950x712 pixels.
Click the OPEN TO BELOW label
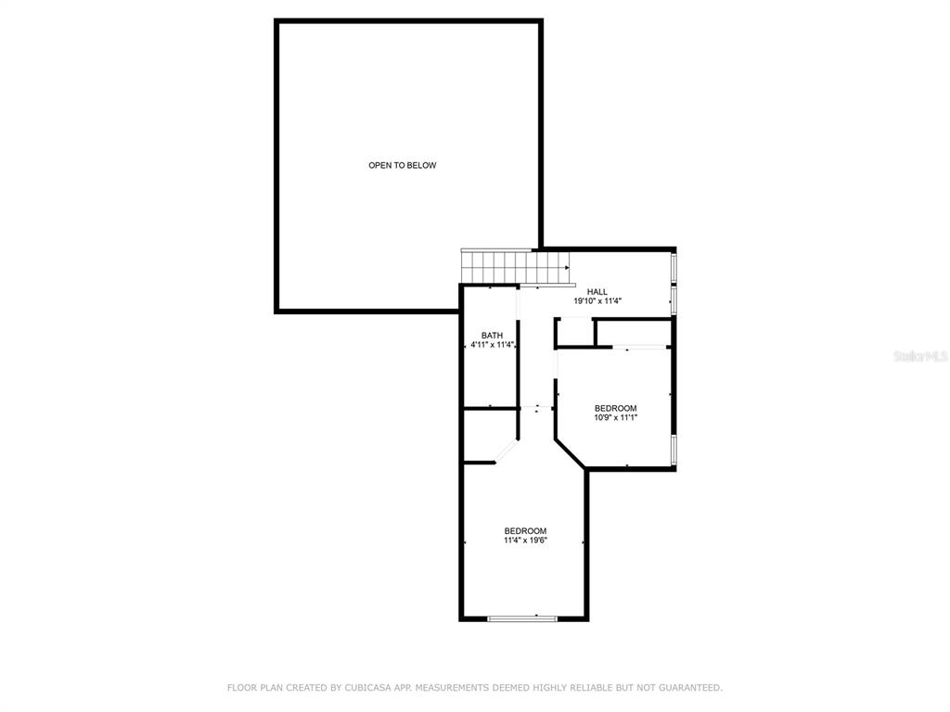[x=403, y=165]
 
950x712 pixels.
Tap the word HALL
[x=597, y=292]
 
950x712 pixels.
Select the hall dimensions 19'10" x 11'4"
[x=597, y=301]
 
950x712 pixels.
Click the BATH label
[x=492, y=336]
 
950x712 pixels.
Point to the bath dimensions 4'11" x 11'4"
[x=493, y=345]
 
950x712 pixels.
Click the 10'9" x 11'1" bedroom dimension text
[x=616, y=417]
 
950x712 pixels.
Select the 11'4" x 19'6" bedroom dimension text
[x=525, y=540]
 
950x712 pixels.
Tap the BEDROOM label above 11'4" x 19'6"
[x=525, y=531]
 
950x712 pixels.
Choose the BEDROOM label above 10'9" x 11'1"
[x=616, y=408]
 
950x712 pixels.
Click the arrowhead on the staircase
[x=567, y=267]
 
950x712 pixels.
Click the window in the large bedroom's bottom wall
[x=522, y=618]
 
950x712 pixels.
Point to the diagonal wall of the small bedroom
[x=571, y=454]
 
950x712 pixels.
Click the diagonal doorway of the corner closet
[x=507, y=452]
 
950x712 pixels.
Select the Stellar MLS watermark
[x=920, y=356]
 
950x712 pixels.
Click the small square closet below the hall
[x=574, y=333]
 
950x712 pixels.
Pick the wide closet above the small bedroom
[x=634, y=333]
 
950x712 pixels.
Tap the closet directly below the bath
[x=490, y=437]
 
